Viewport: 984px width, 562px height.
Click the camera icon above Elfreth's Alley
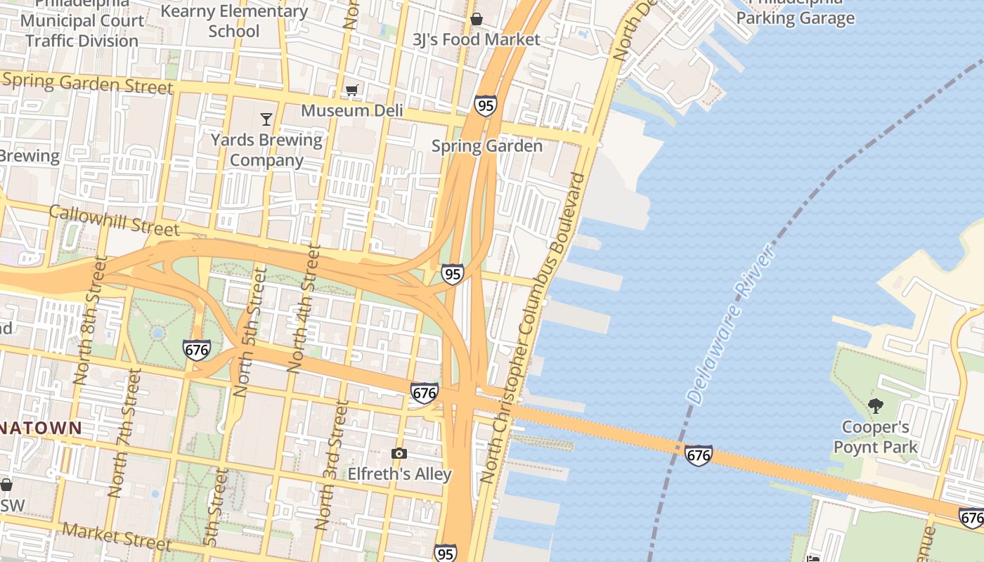pyautogui.click(x=399, y=454)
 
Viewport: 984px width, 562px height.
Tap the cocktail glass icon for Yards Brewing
pyautogui.click(x=266, y=119)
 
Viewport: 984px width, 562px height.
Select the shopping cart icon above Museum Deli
pyautogui.click(x=352, y=90)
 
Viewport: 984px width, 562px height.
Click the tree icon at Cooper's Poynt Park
pyautogui.click(x=875, y=405)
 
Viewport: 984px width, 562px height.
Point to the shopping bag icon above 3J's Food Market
pyautogui.click(x=477, y=19)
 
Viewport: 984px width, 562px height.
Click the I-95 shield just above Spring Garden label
pyautogui.click(x=485, y=105)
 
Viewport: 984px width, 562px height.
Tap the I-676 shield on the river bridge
pyautogui.click(x=698, y=455)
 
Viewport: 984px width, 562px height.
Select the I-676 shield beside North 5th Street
pyautogui.click(x=197, y=350)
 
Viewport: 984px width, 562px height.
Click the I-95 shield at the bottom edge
pyautogui.click(x=446, y=553)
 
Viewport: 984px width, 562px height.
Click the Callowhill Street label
pyautogui.click(x=114, y=220)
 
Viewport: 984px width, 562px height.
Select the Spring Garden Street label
pyautogui.click(x=87, y=83)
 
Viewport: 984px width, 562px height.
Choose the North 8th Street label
pyautogui.click(x=91, y=320)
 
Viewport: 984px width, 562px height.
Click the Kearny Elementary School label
pyautogui.click(x=234, y=21)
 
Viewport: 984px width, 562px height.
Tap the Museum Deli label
pyautogui.click(x=352, y=110)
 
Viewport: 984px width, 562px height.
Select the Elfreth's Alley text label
pyautogui.click(x=399, y=474)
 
